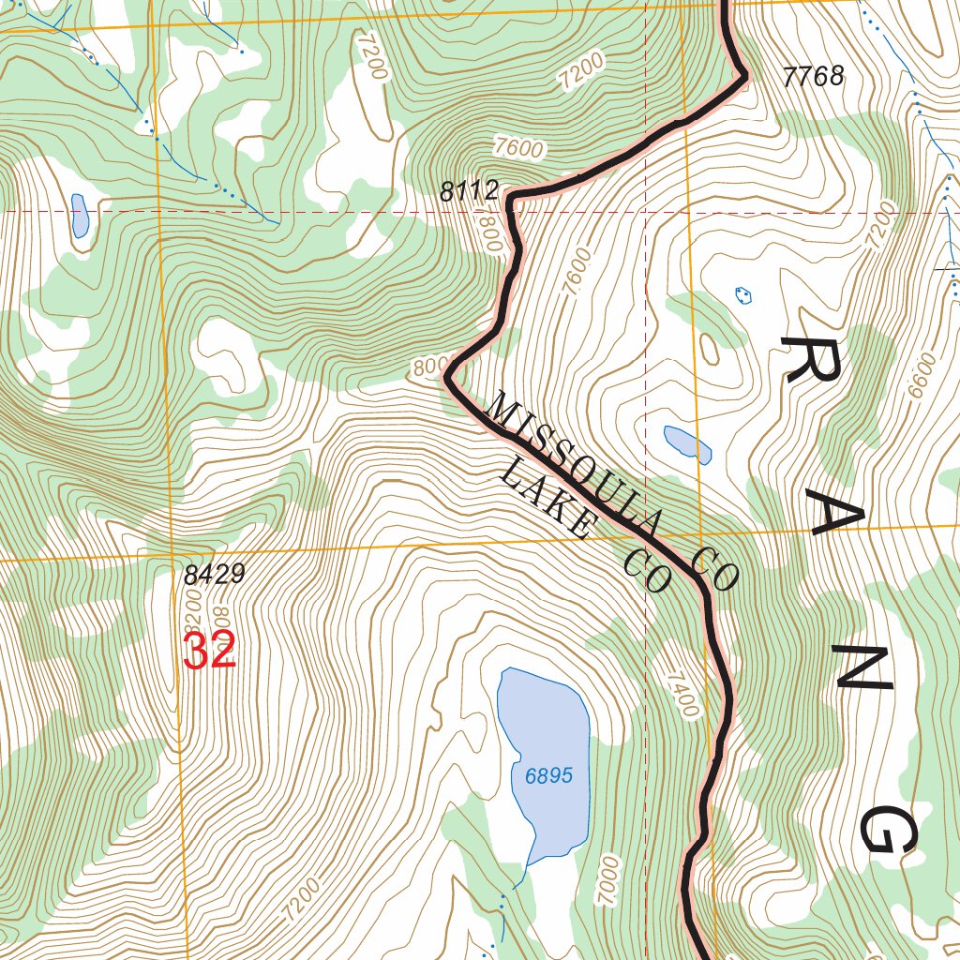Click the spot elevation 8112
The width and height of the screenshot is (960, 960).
(x=470, y=192)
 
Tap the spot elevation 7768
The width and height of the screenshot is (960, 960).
(x=814, y=77)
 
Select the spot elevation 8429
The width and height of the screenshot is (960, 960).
(x=214, y=574)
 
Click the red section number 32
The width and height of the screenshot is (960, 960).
(x=209, y=651)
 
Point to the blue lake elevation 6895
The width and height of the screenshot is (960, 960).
(x=548, y=776)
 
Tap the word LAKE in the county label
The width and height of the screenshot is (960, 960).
(x=546, y=499)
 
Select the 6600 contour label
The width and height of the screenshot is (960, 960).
(x=922, y=376)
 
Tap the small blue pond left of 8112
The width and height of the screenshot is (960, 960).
(x=80, y=215)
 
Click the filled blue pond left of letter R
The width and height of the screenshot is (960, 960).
(x=688, y=443)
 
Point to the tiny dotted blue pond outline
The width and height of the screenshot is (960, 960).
(x=743, y=295)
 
